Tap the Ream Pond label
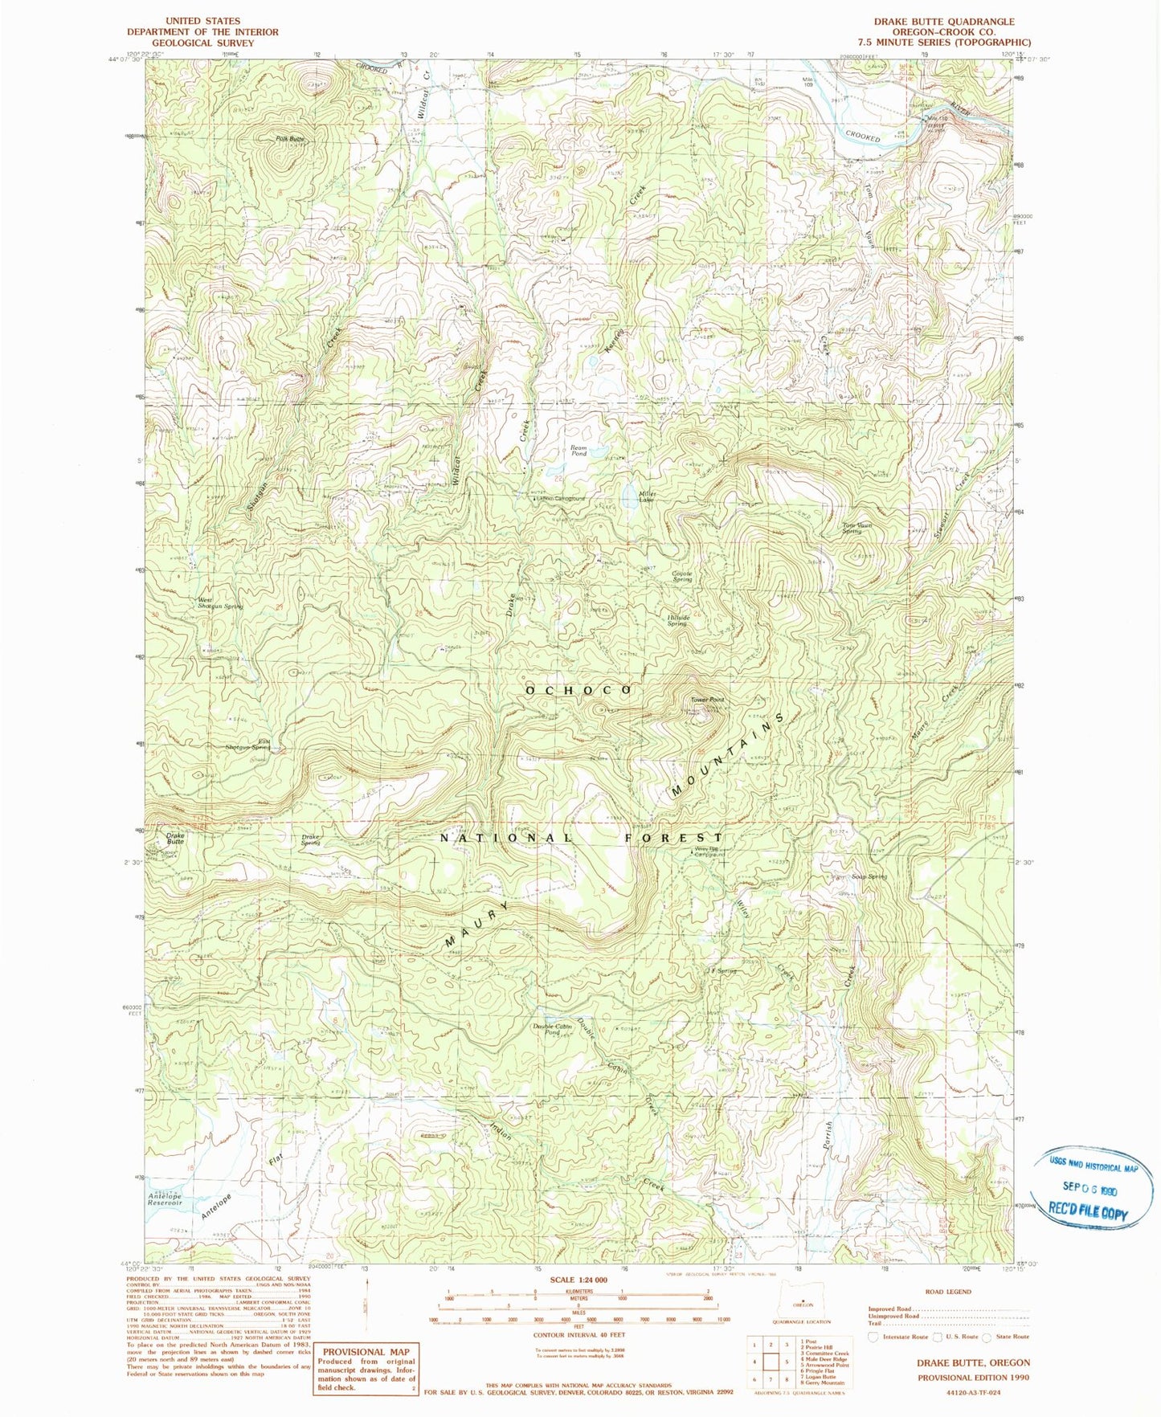[578, 451]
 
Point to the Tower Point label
[708, 700]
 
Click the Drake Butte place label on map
[175, 839]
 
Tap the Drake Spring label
[310, 839]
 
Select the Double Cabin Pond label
[552, 1029]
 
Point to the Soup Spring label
[871, 876]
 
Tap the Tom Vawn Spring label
[856, 529]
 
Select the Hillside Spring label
[677, 620]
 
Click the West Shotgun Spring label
[220, 602]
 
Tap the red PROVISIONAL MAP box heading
[366, 1352]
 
